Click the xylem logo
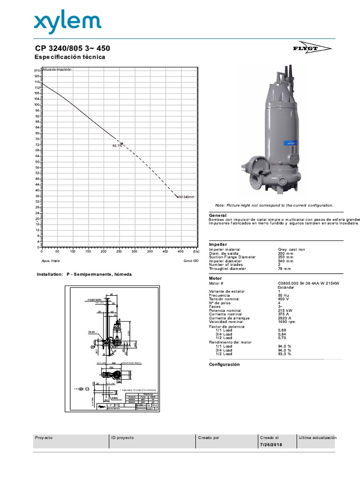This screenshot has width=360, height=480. pyautogui.click(x=67, y=22)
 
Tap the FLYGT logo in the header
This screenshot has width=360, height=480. pyautogui.click(x=319, y=49)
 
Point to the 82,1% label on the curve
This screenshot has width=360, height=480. pyautogui.click(x=117, y=146)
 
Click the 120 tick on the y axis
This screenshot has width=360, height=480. pyautogui.click(x=37, y=76)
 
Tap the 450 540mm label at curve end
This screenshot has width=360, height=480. pyautogui.click(x=186, y=197)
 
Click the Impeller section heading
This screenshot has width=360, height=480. pyautogui.click(x=218, y=244)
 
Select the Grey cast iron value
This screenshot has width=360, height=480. pyautogui.click(x=292, y=249)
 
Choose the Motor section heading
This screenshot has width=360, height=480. pyautogui.click(x=215, y=278)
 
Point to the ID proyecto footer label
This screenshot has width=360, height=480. pyautogui.click(x=122, y=437)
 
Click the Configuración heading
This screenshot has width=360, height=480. pyautogui.click(x=224, y=364)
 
